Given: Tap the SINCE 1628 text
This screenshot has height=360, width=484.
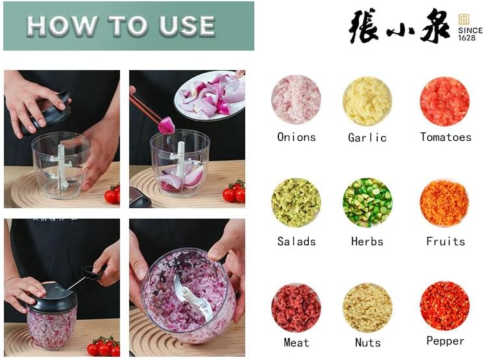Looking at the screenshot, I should click(470, 34).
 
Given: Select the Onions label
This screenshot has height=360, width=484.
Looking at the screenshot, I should click(296, 137).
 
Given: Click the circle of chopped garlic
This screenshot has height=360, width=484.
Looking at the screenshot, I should click(367, 100).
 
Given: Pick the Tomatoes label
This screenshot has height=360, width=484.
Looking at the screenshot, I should click(446, 137).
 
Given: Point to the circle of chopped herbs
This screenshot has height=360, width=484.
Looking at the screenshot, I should click(367, 202).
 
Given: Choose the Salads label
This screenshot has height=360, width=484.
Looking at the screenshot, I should click(296, 241).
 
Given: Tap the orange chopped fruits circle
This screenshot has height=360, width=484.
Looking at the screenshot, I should click(444, 202).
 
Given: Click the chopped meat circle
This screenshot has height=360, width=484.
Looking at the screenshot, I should click(296, 307).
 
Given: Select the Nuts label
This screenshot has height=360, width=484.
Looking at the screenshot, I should click(368, 342).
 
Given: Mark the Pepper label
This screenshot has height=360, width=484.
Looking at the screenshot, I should click(445, 341).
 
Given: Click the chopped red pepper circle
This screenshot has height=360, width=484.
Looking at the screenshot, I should click(444, 306).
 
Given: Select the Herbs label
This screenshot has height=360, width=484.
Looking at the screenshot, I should click(367, 241).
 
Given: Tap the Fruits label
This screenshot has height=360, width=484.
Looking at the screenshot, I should click(446, 241).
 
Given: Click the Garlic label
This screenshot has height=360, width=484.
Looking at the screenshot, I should click(367, 138).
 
